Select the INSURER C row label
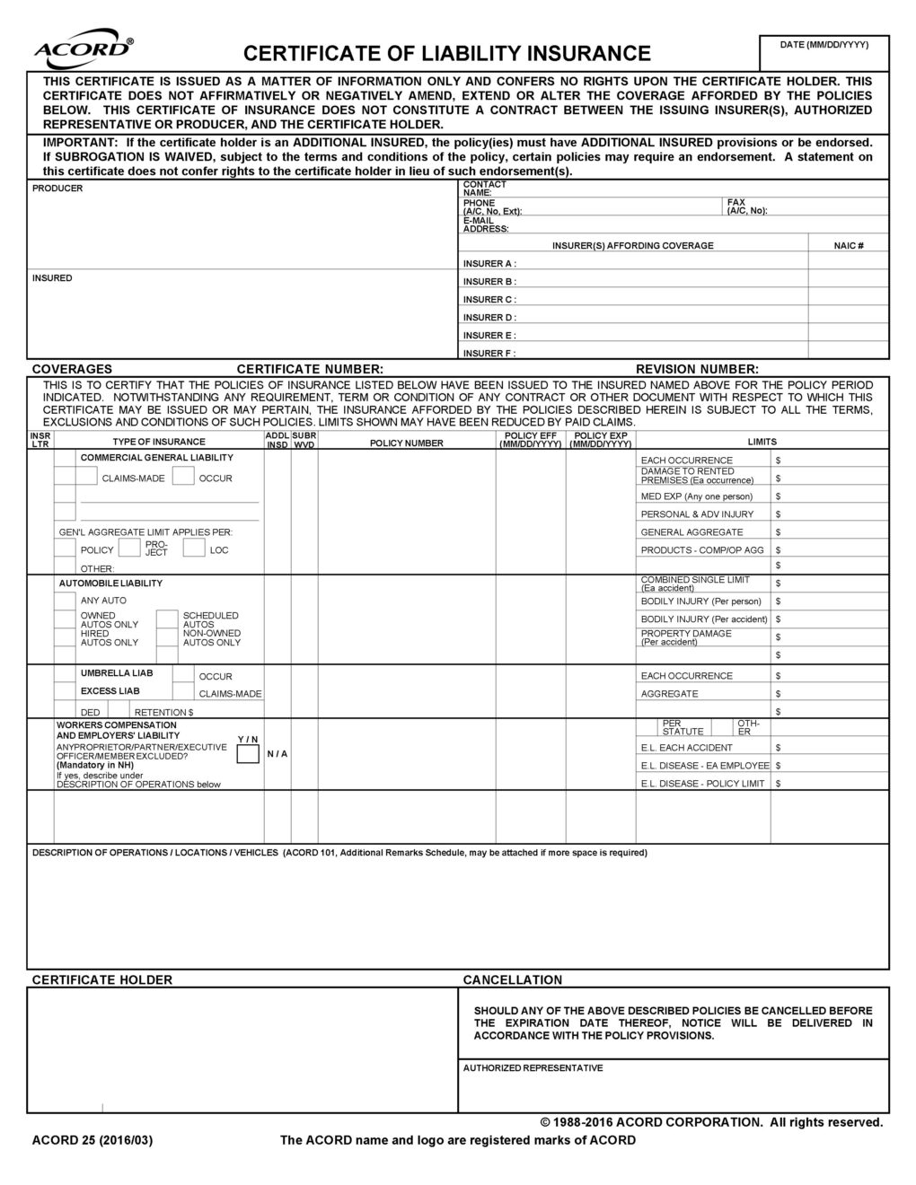[489, 300]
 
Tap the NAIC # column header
[848, 246]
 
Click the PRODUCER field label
[57, 189]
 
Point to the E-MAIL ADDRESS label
[485, 224]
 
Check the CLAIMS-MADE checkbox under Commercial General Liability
[65, 478]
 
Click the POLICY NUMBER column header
[406, 443]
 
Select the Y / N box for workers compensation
[248, 754]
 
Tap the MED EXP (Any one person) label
[696, 496]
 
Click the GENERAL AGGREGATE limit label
[691, 532]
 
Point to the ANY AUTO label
[103, 601]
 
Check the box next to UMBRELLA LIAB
[65, 673]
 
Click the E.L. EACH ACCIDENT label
[686, 748]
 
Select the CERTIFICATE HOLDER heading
[101, 980]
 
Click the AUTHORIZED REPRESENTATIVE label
[533, 1068]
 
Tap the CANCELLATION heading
[512, 980]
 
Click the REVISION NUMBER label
[697, 369]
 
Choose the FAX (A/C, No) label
[747, 206]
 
